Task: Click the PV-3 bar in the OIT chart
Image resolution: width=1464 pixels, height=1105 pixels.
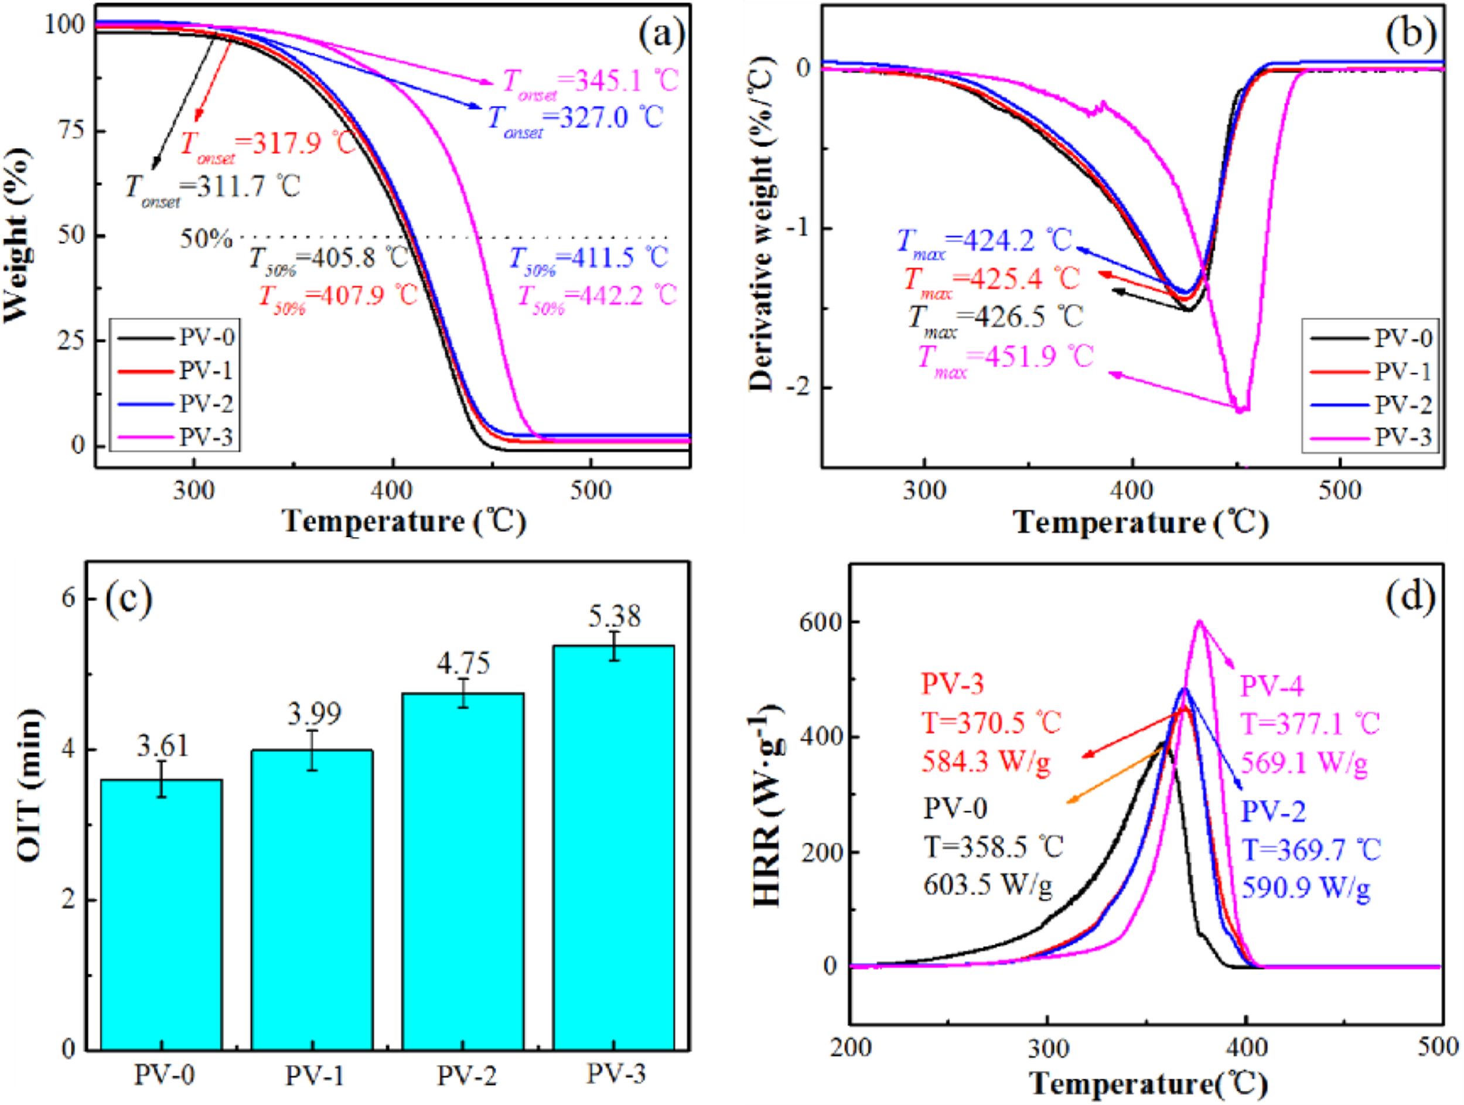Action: (x=614, y=847)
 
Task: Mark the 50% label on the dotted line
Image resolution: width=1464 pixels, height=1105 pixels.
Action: (x=206, y=238)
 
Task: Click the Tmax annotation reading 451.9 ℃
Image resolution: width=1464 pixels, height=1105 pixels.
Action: (x=1006, y=358)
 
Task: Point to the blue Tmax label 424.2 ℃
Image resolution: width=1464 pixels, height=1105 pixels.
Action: (x=984, y=241)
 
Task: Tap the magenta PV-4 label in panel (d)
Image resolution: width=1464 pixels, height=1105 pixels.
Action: (x=1271, y=688)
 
